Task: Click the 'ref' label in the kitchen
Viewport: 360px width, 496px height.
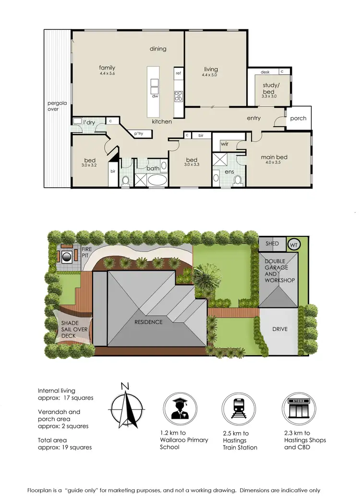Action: (x=178, y=73)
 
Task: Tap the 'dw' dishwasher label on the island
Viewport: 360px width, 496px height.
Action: (x=155, y=96)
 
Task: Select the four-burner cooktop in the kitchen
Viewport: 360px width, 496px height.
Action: (x=179, y=96)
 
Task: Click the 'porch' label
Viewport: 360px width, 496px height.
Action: (x=298, y=119)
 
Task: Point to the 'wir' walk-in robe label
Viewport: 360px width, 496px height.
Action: (x=224, y=144)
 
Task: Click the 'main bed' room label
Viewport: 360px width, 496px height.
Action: (x=274, y=157)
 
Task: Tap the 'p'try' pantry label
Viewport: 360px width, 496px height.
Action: (x=139, y=133)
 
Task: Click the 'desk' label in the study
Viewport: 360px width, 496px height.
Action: (x=265, y=72)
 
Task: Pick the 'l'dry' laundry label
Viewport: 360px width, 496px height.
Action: (x=89, y=123)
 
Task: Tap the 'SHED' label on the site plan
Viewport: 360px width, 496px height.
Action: (x=272, y=244)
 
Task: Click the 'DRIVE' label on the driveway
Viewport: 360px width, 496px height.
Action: (x=279, y=330)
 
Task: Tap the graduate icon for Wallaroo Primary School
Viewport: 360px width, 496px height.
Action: (x=178, y=408)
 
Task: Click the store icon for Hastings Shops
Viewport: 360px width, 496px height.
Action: (x=297, y=408)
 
